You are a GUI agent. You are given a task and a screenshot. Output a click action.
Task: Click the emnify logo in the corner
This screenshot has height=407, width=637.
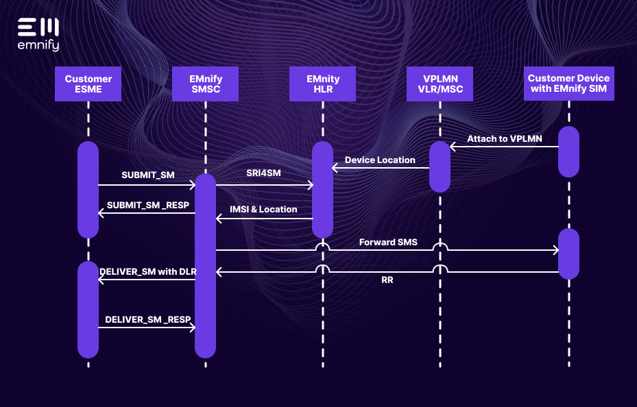(38, 34)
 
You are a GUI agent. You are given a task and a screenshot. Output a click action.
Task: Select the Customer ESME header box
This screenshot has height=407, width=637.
(88, 84)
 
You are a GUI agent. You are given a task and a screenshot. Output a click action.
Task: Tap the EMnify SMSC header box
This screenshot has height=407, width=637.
(206, 84)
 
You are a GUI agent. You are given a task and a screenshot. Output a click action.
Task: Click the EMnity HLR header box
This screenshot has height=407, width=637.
(323, 84)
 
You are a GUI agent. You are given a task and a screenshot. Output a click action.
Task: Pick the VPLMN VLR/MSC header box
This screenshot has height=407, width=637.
(440, 84)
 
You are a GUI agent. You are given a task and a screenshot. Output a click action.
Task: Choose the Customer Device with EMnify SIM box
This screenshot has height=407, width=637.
(568, 84)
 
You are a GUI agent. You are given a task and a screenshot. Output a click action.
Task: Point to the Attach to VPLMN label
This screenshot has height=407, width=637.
(504, 138)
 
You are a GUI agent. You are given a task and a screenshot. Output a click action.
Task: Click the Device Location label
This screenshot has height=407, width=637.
(380, 160)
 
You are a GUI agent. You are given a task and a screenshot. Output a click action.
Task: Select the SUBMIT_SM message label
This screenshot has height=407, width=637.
(148, 175)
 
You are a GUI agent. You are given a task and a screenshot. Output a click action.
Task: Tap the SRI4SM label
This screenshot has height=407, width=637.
(263, 173)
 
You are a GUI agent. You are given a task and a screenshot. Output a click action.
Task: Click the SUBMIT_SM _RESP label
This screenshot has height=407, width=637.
(148, 205)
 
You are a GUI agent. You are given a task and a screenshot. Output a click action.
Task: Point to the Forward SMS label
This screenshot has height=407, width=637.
(388, 242)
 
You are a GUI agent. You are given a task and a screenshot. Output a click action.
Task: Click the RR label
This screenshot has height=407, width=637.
(387, 280)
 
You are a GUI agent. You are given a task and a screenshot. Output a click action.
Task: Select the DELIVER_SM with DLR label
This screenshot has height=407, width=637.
(148, 271)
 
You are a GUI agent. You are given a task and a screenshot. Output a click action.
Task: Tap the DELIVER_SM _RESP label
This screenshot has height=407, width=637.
(148, 319)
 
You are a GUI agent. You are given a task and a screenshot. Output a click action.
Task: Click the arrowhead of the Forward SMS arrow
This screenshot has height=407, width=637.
(556, 250)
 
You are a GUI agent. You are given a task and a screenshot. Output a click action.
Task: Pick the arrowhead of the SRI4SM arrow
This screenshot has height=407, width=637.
(310, 184)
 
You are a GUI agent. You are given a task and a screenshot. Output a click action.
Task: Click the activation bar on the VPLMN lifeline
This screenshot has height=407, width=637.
(440, 166)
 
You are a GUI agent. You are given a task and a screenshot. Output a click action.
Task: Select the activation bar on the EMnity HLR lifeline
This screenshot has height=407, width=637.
(323, 189)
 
